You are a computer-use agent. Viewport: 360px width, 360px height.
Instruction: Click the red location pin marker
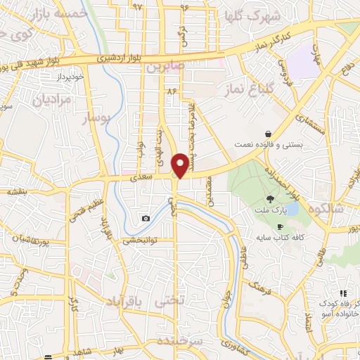[x=181, y=165]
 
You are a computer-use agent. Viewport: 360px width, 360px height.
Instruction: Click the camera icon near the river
[x=146, y=218]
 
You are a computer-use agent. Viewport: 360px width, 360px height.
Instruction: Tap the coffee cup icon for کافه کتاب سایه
[x=281, y=226]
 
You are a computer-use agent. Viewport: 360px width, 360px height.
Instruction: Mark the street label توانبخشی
[x=139, y=240]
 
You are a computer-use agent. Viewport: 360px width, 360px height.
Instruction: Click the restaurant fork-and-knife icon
[x=343, y=293]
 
